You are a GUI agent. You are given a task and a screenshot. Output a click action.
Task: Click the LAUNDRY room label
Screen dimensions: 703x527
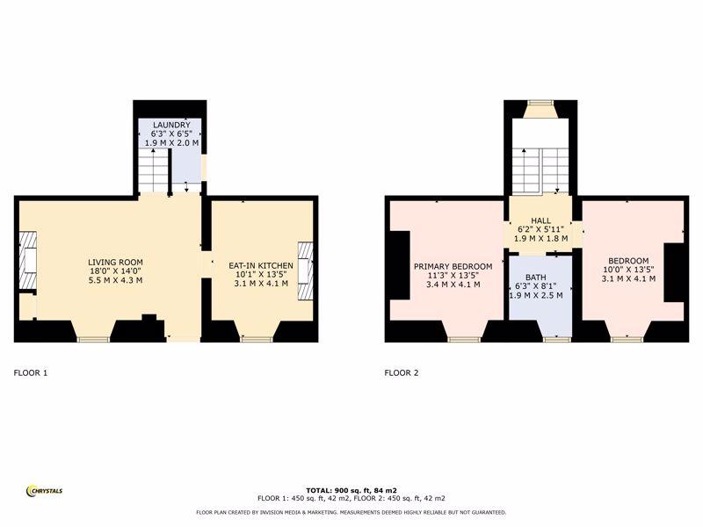pyautogui.click(x=171, y=125)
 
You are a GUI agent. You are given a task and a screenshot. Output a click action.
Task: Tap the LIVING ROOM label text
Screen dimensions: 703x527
pyautogui.click(x=115, y=263)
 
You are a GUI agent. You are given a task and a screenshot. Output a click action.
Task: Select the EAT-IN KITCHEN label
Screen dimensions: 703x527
pyautogui.click(x=261, y=266)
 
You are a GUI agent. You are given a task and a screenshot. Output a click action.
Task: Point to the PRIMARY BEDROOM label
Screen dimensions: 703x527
pyautogui.click(x=453, y=267)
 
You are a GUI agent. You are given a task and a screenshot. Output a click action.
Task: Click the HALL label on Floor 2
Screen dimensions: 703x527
pyautogui.click(x=540, y=220)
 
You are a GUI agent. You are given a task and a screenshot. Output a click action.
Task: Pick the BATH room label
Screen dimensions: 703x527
pyautogui.click(x=536, y=278)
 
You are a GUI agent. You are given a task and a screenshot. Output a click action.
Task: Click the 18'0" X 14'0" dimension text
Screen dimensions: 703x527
pyautogui.click(x=115, y=271)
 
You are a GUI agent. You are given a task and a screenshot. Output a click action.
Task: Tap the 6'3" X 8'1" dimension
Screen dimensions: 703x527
pyautogui.click(x=536, y=286)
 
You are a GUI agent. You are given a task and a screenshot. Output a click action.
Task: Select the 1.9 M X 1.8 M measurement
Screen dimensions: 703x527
pyautogui.click(x=540, y=238)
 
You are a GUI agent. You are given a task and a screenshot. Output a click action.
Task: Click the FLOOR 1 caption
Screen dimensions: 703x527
pyautogui.click(x=31, y=372)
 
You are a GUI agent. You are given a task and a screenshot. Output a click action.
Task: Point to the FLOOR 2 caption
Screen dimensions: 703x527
pyautogui.click(x=402, y=372)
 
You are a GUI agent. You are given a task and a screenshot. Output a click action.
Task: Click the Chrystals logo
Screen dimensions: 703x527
pyautogui.click(x=45, y=491)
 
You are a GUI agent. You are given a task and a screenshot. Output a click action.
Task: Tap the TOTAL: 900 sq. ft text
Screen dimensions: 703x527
pyautogui.click(x=351, y=490)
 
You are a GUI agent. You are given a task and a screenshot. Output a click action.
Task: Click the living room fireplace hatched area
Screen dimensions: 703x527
pyautogui.click(x=28, y=261)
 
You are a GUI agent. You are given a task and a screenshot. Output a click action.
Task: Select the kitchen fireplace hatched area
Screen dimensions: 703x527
pyautogui.click(x=306, y=271)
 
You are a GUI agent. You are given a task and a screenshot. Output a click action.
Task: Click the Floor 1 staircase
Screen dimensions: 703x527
pyautogui.click(x=153, y=170)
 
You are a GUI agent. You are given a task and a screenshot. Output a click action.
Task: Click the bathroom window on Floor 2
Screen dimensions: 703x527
pyautogui.click(x=556, y=340)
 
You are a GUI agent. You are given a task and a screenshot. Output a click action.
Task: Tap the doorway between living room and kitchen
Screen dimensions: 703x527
pyautogui.click(x=207, y=264)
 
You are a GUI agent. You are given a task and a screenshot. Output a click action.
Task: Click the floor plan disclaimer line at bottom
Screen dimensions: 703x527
pyautogui.click(x=351, y=512)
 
